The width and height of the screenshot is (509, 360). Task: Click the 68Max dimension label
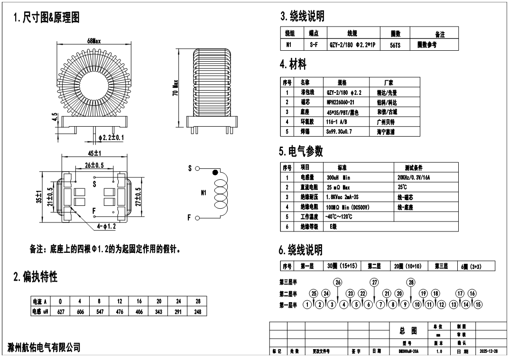click(x=94, y=41)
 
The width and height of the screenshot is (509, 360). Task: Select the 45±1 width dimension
click(x=94, y=153)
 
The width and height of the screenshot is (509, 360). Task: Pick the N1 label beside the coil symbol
click(x=203, y=194)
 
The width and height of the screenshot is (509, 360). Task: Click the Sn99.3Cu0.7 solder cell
click(x=342, y=131)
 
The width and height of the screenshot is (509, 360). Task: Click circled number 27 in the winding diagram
click(x=375, y=282)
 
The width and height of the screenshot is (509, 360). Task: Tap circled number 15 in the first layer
click(x=478, y=304)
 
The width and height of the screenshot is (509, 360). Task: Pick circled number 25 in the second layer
click(x=314, y=293)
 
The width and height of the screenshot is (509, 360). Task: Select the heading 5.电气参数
click(x=301, y=151)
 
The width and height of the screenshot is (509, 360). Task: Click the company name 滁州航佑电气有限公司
click(x=44, y=348)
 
